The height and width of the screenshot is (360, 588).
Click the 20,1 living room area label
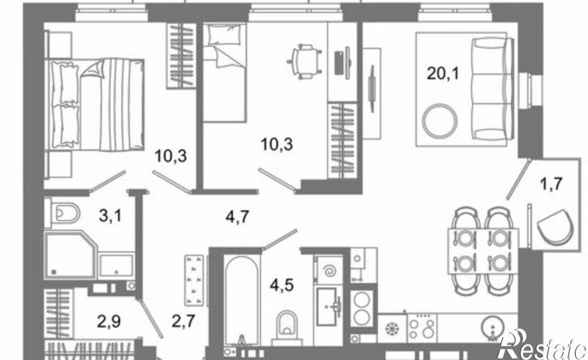443,74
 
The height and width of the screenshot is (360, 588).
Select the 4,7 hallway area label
238,216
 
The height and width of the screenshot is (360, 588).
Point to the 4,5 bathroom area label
281,285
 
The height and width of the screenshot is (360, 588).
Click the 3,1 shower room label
109,216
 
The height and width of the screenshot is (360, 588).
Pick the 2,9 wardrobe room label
109,321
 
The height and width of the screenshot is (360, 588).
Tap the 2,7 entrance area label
183,321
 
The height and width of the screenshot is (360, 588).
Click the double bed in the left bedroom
95,105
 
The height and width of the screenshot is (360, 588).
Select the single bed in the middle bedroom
224,73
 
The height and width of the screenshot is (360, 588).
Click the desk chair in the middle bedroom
304,62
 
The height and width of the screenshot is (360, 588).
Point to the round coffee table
440,121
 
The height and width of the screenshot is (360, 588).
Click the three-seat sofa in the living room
492,89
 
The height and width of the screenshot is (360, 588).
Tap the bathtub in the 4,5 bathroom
242,300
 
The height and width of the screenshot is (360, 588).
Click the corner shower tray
70,255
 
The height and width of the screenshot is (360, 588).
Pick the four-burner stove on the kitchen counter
422,328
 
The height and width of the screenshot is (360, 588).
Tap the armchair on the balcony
555,226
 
